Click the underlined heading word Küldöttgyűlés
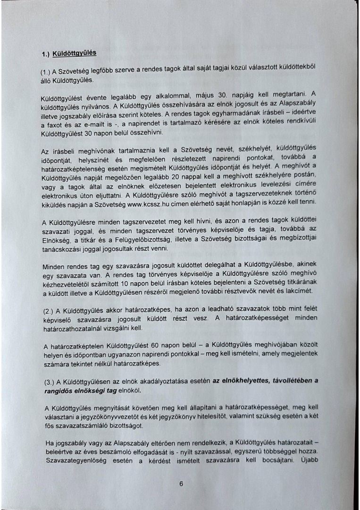[75, 53]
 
